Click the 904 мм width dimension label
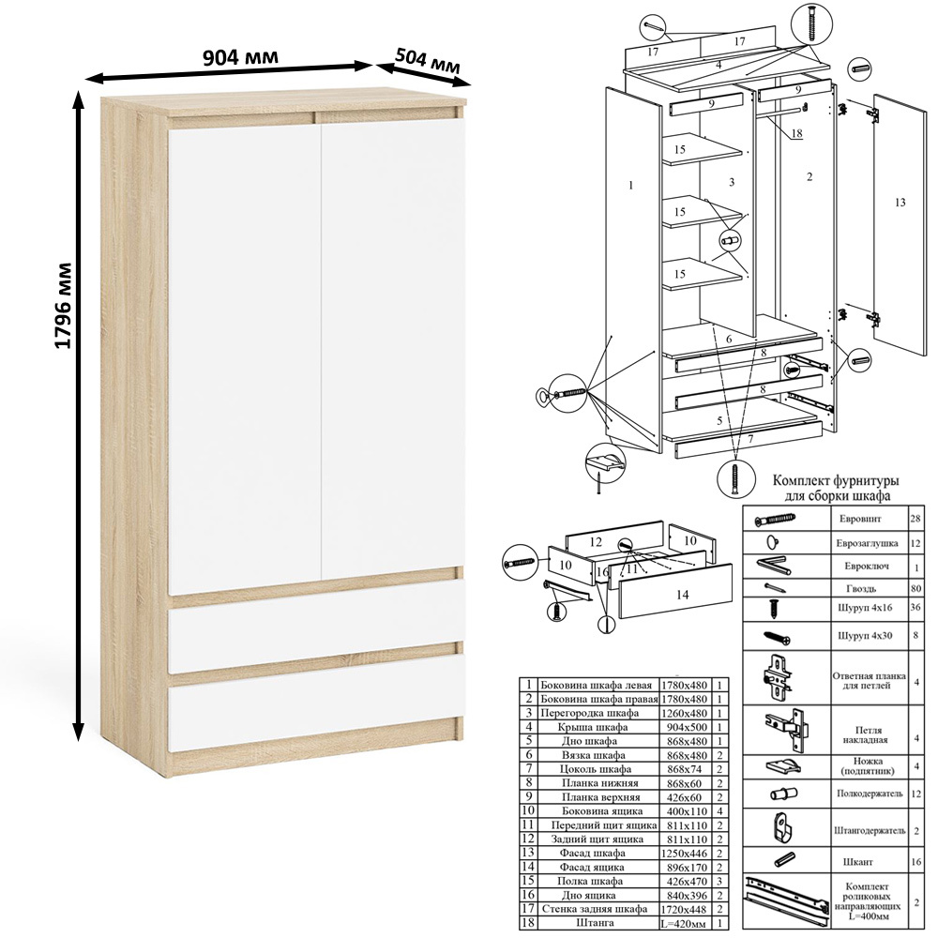[x=240, y=57]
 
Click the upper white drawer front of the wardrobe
[x=317, y=640]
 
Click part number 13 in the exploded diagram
[x=900, y=203]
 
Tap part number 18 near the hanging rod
[x=796, y=133]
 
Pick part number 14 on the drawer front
[x=682, y=595]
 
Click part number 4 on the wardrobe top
[x=719, y=64]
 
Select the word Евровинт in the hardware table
[x=860, y=519]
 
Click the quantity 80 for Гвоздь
[x=915, y=589]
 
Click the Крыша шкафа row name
[x=593, y=727]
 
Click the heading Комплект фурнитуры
[x=837, y=480]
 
